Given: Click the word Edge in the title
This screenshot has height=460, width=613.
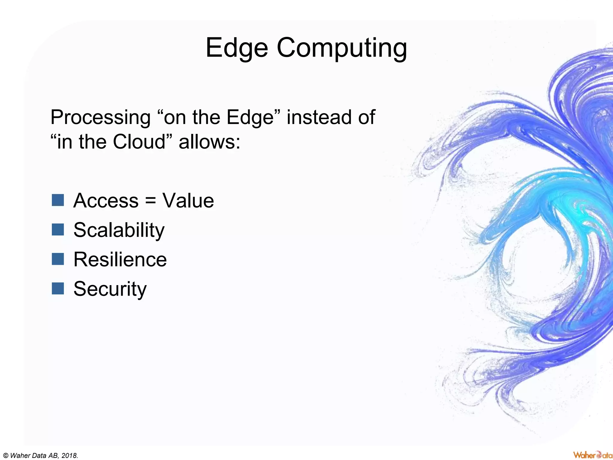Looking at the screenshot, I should pos(236,48).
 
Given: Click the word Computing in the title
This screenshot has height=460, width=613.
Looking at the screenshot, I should pos(342,48).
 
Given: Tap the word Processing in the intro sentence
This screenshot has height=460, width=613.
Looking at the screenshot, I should pos(101,117).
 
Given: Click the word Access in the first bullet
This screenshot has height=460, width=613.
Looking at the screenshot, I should pos(106,200).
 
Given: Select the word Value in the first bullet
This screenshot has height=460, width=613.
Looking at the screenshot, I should pos(188,200).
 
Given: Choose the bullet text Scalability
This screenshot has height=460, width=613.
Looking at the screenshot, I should pos(119,230).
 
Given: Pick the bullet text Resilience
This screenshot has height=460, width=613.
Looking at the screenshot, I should pos(120,259).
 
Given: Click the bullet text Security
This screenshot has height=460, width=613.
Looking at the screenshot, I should pos(110,289).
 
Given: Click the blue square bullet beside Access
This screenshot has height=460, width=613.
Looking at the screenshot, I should pos(58,200).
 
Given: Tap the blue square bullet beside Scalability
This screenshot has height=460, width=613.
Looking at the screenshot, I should pos(58,230).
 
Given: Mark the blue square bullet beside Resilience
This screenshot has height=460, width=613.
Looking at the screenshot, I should pos(58,259).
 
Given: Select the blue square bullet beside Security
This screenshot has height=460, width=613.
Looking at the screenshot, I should pos(58,288).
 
